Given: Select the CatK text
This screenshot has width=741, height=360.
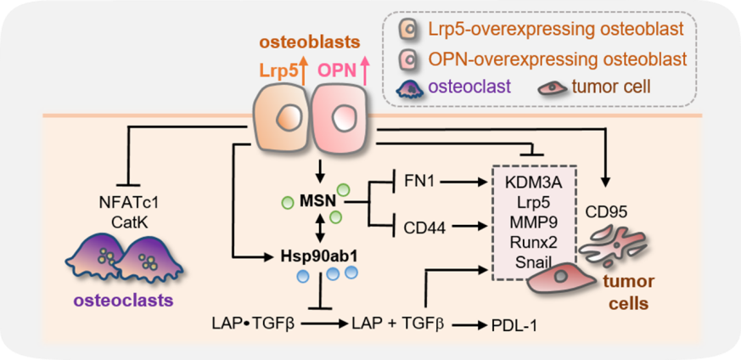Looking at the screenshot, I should (x=131, y=221).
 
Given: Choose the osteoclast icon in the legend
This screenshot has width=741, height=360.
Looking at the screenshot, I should (x=413, y=87).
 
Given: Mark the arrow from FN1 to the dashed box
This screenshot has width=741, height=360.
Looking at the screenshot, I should (x=467, y=180).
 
